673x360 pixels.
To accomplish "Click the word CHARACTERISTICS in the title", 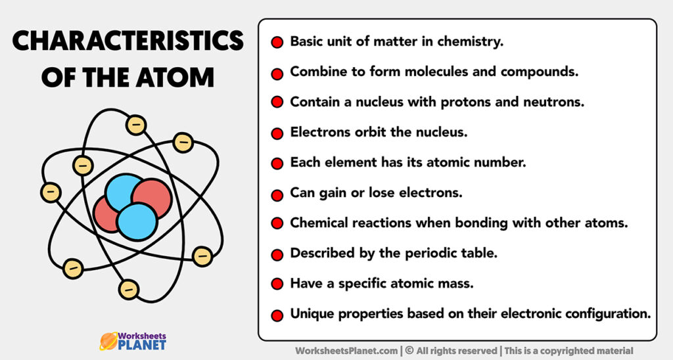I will [x=128, y=42].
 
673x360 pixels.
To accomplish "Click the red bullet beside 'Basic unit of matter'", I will [x=277, y=43].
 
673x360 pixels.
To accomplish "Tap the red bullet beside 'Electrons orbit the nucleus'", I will [x=277, y=133].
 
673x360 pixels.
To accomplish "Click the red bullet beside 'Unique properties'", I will [x=277, y=315].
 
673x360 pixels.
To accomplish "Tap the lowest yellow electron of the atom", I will [x=129, y=289].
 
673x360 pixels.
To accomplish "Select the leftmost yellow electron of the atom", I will [x=51, y=192].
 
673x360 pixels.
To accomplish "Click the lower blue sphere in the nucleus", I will [x=137, y=221].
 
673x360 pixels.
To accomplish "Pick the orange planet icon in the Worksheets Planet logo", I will [x=107, y=340].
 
